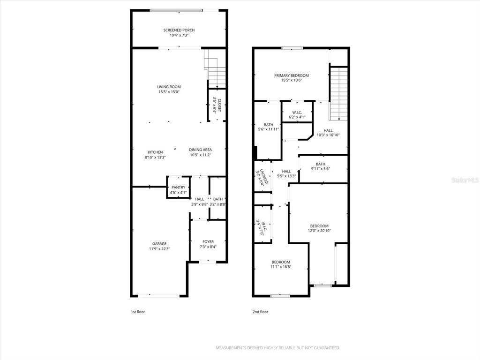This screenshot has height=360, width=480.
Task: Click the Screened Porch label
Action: (179, 30)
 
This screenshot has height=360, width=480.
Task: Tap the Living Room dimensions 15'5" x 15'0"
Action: (169, 92)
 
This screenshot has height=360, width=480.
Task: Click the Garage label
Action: (159, 244)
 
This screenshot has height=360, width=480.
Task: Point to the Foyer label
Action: (208, 242)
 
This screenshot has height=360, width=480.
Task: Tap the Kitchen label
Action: (155, 152)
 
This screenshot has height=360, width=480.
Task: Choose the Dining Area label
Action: (201, 150)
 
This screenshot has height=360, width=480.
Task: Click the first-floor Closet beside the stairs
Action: (217, 105)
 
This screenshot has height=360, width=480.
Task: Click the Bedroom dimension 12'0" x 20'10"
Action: (319, 231)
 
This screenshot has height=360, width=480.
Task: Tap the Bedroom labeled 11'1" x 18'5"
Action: (281, 264)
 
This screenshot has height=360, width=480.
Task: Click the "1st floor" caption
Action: (138, 311)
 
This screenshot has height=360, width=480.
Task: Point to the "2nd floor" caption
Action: (261, 311)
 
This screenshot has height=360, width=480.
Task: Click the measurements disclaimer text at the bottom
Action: (277, 348)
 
